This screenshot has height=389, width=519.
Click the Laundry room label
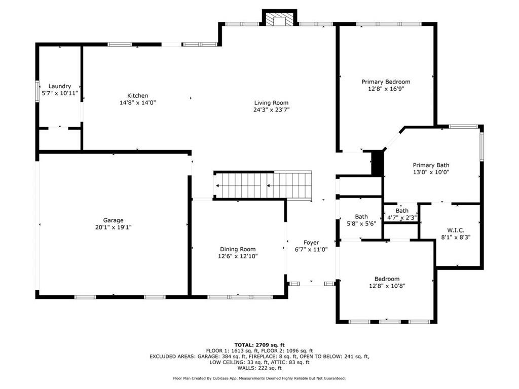pyautogui.click(x=60, y=86)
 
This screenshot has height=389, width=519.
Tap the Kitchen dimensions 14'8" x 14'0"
pyautogui.click(x=138, y=102)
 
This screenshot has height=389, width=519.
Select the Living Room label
pyautogui.click(x=272, y=103)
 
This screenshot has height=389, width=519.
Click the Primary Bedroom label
pyautogui.click(x=386, y=82)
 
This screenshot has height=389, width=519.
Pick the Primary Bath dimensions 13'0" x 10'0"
pyautogui.click(x=431, y=172)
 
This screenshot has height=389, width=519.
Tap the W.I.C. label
pyautogui.click(x=456, y=230)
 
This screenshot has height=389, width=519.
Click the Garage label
pyautogui.click(x=113, y=220)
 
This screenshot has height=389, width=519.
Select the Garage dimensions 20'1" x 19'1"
pyautogui.click(x=113, y=227)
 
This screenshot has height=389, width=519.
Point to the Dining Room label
pyautogui.click(x=238, y=249)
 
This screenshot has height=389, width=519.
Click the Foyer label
pyautogui.click(x=311, y=243)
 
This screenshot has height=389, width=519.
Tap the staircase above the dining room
pyautogui.click(x=263, y=185)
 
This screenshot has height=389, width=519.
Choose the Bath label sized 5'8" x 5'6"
pyautogui.click(x=361, y=217)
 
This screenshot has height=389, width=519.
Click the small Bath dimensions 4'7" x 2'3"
pyautogui.click(x=402, y=218)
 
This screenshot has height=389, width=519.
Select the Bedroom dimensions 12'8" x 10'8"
pyautogui.click(x=387, y=286)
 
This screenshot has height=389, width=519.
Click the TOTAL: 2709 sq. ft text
pyautogui.click(x=259, y=345)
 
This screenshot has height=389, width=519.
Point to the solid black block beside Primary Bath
pyautogui.click(x=377, y=163)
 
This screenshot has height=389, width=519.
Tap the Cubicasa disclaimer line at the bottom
pyautogui.click(x=259, y=378)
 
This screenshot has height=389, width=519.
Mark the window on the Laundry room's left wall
pyautogui.click(x=37, y=90)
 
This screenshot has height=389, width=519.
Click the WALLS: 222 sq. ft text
pyautogui.click(x=259, y=368)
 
